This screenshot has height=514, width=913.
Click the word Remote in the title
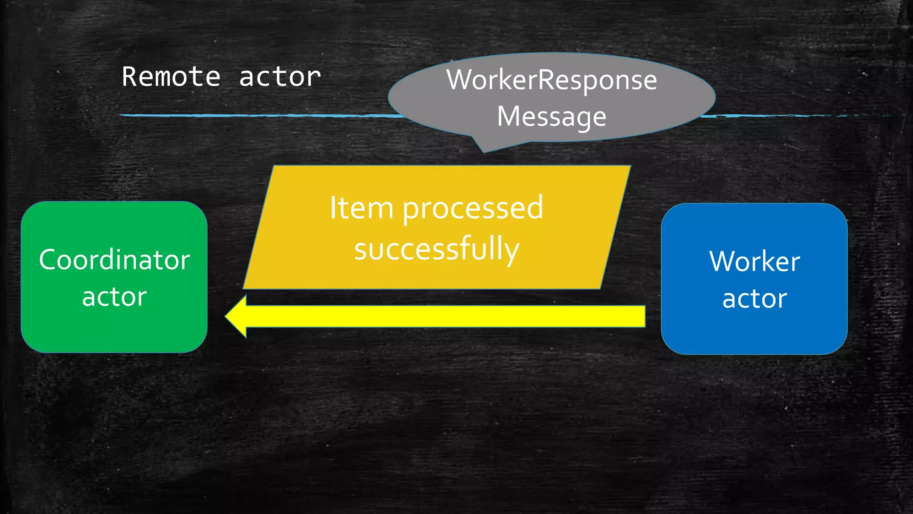tap(171, 77)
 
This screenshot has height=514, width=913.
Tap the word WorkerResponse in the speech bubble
tap(551, 80)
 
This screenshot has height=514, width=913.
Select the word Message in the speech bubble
tap(551, 117)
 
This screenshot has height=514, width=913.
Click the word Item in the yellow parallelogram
tap(361, 208)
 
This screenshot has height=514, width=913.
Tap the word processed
tap(473, 209)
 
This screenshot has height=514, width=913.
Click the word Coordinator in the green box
tap(114, 260)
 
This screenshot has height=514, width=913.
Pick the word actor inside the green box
tap(114, 297)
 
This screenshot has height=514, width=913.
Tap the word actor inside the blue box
tap(754, 299)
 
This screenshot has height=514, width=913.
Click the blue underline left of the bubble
tap(259, 116)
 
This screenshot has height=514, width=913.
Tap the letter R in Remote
tap(129, 77)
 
